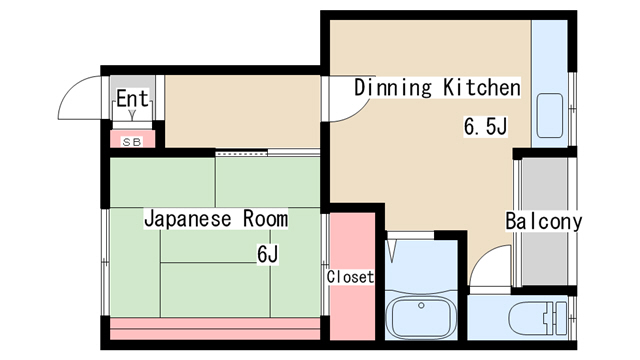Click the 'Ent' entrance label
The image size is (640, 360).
coord(132,98)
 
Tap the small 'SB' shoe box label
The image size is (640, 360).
coord(132,142)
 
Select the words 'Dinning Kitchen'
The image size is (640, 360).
coord(437,87)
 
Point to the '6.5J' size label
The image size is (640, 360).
coord(485,126)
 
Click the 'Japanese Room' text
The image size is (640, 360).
coord(216,219)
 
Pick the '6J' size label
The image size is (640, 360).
coord(268,255)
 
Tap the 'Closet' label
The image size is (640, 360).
coord(350,277)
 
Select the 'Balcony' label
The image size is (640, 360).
coord(544,221)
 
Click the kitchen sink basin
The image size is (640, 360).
coord(550,116)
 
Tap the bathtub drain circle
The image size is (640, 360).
coord(421,305)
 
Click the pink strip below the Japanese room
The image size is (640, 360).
coord(215,329)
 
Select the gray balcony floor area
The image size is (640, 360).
coord(544,222)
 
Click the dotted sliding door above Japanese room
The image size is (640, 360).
coord(241,153)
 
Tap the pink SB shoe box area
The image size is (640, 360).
coord(132,139)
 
